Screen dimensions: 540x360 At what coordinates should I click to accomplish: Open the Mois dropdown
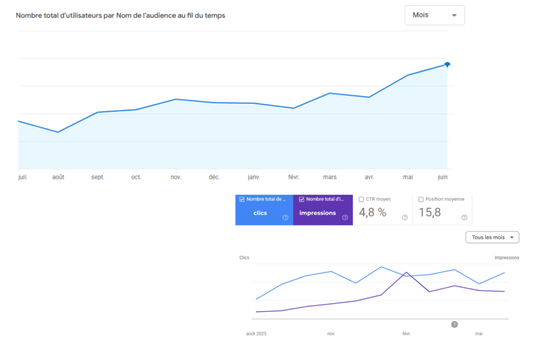435,15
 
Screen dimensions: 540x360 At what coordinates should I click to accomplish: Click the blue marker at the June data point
447,64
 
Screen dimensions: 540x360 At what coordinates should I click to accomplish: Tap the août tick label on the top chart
58,177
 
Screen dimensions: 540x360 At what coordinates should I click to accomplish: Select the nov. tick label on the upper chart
176,177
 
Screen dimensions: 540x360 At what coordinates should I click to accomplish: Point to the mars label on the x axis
330,177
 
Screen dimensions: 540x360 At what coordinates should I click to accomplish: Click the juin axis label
442,177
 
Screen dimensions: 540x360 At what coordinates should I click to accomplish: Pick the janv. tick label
254,177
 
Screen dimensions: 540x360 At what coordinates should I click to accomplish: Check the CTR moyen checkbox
361,199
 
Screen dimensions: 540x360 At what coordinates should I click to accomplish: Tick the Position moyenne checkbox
421,199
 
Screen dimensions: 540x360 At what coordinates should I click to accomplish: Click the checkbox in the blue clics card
242,199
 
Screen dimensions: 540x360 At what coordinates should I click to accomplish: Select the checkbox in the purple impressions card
301,199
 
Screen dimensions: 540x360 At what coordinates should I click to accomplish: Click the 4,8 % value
372,212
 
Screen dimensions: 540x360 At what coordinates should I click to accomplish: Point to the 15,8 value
429,212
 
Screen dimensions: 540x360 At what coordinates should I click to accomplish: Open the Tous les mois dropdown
492,237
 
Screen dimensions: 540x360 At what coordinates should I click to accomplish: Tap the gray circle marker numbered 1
455,324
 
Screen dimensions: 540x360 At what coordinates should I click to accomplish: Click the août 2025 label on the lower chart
256,334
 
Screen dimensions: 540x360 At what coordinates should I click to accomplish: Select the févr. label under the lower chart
407,334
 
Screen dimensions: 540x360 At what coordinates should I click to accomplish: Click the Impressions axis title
507,257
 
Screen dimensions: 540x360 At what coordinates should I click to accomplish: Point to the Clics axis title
244,257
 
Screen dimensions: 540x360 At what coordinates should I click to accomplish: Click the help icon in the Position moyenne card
464,218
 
